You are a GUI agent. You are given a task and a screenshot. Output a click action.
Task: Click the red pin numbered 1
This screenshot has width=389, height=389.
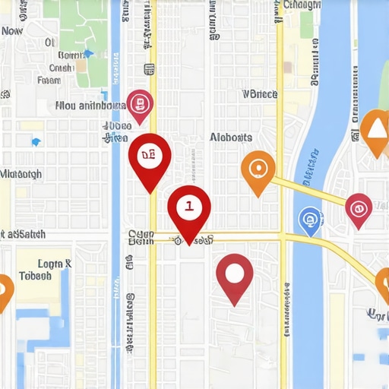pos(188,206)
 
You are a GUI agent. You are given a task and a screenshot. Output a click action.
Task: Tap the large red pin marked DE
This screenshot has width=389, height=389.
pos(150,155)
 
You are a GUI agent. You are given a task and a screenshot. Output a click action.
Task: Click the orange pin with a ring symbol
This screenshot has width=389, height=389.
pos(258,169)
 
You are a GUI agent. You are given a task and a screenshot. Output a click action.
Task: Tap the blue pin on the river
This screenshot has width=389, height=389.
pos(310,220)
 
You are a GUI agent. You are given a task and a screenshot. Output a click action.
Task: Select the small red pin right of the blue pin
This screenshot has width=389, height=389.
pos(358,207)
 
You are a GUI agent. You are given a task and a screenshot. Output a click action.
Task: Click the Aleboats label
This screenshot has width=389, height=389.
pos(230,138)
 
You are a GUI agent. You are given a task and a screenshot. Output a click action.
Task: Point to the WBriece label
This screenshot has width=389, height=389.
pos(259,94)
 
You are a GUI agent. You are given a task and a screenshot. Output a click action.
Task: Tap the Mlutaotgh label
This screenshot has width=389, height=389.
pos(21,173)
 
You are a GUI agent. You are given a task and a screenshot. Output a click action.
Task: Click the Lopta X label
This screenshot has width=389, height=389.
pos(55,264)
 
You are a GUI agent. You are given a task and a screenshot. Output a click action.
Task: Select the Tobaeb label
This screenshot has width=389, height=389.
pos(35,276)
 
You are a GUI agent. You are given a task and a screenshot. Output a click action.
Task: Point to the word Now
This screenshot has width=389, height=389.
pos(12,31)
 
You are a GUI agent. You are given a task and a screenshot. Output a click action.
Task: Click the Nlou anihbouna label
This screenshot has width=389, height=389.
pos(90,106)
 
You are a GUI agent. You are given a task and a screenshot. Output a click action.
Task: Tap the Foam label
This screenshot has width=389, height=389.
pos(49,79)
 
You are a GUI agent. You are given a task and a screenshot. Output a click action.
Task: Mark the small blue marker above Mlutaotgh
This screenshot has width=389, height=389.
pos(35,142)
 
